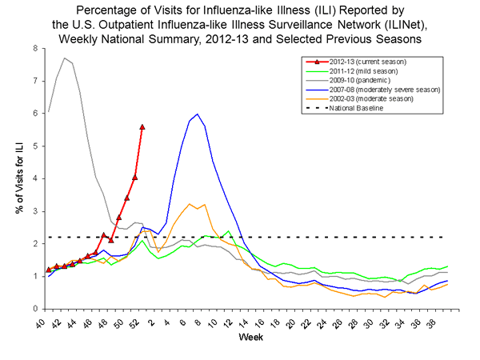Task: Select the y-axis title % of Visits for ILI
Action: click(17, 178)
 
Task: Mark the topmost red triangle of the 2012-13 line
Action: click(142, 126)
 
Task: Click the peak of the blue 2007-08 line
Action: click(197, 114)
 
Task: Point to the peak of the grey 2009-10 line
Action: click(64, 58)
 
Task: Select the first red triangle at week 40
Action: click(49, 270)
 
